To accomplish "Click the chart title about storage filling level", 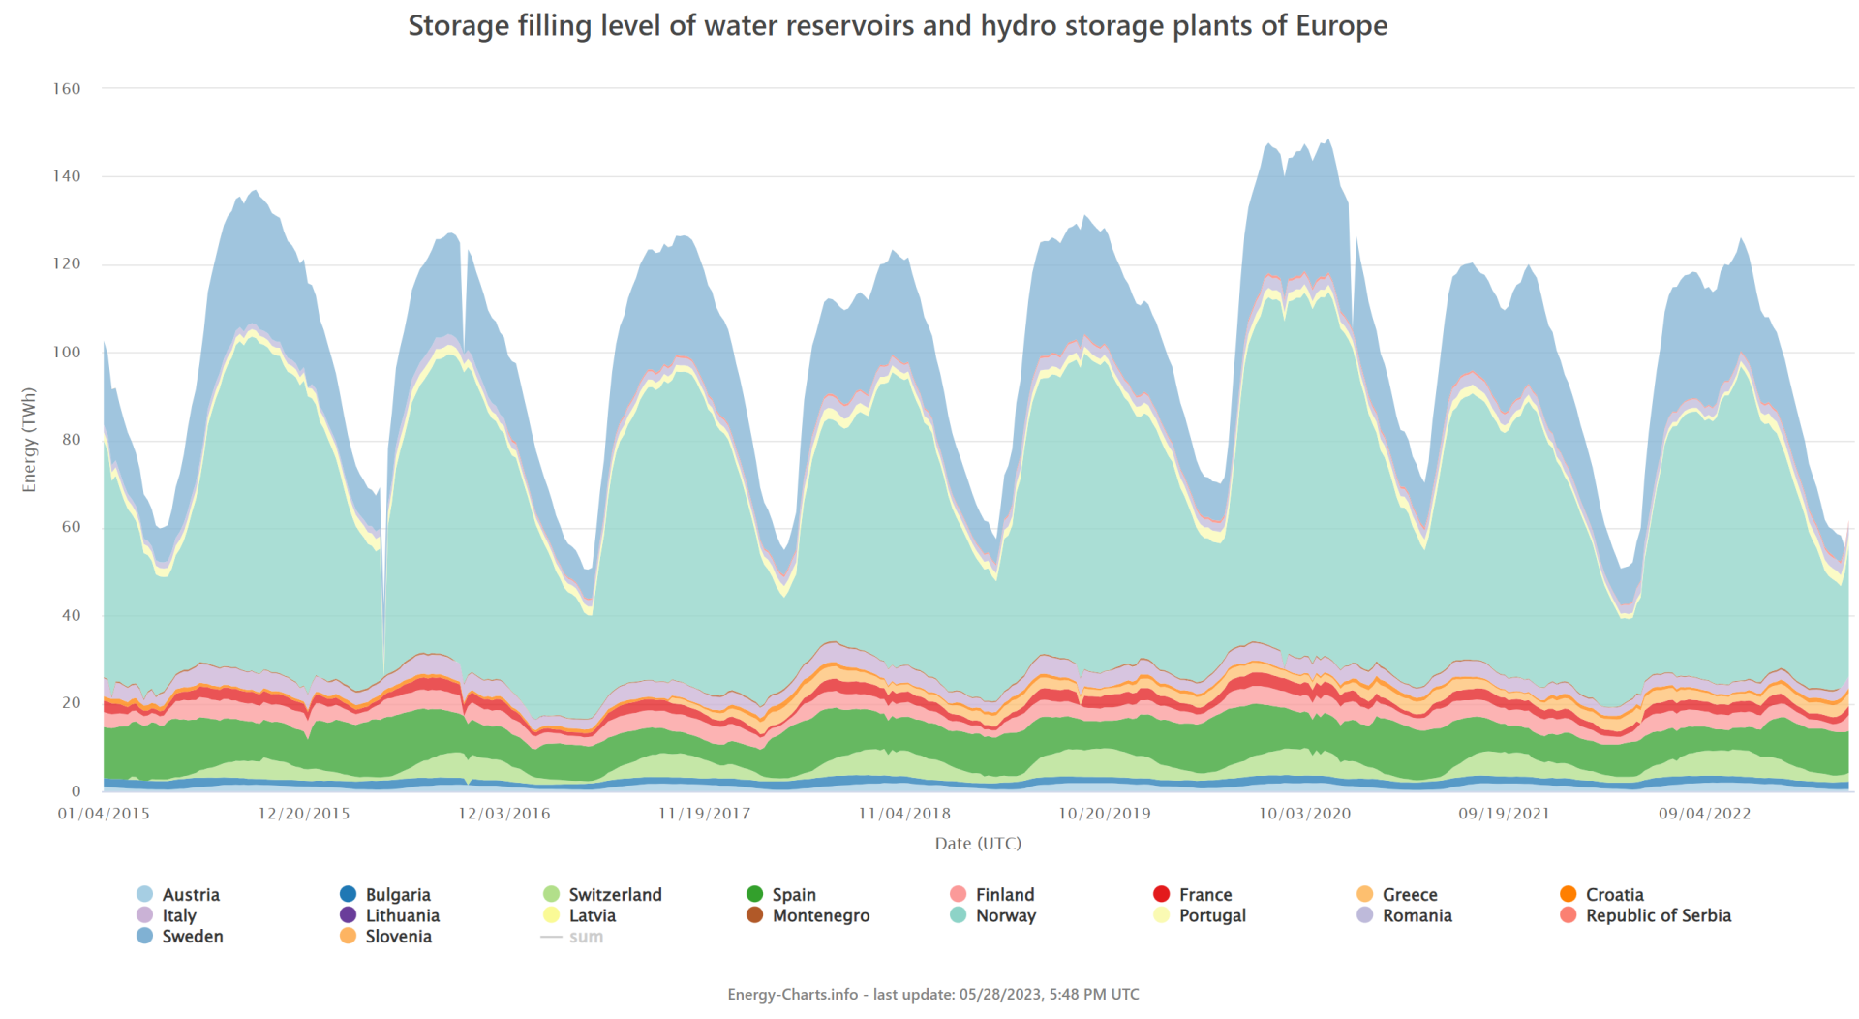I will [898, 26].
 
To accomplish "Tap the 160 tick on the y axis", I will [67, 89].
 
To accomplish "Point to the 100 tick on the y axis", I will [67, 352].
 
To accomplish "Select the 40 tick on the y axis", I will [71, 615].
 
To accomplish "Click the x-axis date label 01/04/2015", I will [104, 814].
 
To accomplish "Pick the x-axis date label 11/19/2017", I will [704, 814].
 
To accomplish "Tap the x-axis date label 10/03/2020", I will [1304, 814].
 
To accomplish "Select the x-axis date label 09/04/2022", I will [1704, 814].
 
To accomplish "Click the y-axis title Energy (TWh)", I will [29, 440].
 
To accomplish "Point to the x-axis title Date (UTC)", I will [978, 844].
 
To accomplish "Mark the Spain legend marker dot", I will [755, 894].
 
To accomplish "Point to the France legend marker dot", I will [1162, 894].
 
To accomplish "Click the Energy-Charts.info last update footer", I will [933, 995].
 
